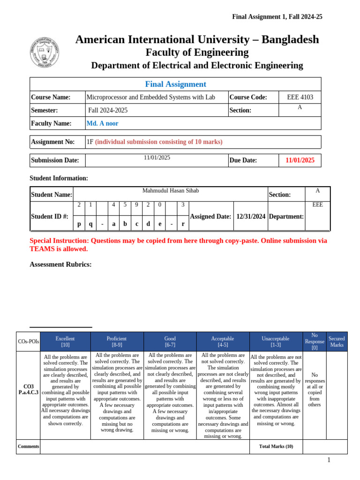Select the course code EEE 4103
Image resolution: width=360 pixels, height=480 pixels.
(300, 97)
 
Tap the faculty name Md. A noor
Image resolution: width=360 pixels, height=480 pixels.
(103, 123)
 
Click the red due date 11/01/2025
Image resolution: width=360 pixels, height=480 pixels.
(300, 160)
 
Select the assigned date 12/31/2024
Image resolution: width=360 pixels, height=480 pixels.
(251, 216)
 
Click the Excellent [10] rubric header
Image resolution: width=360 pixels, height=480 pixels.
(65, 342)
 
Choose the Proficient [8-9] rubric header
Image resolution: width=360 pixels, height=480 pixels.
(117, 342)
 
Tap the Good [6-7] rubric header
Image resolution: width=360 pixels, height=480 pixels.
(170, 342)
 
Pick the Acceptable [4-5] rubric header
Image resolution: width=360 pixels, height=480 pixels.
(223, 342)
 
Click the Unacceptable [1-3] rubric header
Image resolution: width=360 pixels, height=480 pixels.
(276, 342)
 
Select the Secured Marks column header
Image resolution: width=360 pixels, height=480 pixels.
(337, 342)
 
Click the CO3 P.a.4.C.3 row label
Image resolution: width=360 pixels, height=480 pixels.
(28, 390)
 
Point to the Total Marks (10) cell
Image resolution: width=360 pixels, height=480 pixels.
(276, 446)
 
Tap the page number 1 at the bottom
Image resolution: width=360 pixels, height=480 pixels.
(329, 460)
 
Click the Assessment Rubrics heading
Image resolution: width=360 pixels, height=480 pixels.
(60, 264)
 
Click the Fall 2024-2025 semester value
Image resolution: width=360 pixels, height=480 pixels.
(108, 111)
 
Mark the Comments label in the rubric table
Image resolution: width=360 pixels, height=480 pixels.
(28, 446)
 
